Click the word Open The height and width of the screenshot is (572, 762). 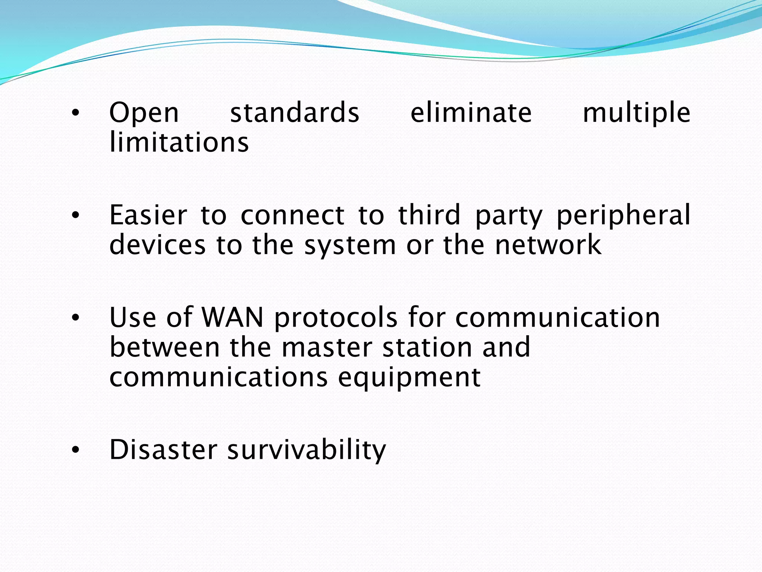coord(144,113)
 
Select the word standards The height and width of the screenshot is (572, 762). coord(295,112)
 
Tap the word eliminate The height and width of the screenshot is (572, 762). coord(471,112)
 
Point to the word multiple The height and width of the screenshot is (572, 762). coord(636,113)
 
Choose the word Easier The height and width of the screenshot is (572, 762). coord(148,215)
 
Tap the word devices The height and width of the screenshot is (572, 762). coord(157,245)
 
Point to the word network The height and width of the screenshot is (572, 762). coord(548,245)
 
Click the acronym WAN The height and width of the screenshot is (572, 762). coord(233,317)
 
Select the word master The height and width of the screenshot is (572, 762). coord(327,347)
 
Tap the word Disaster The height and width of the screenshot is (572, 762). coord(163,449)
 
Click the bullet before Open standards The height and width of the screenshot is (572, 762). coord(76,112)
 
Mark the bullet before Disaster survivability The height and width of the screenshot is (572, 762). coord(76,450)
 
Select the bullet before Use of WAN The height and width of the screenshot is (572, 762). coord(76,318)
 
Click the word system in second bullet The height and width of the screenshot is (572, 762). coord(350,246)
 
